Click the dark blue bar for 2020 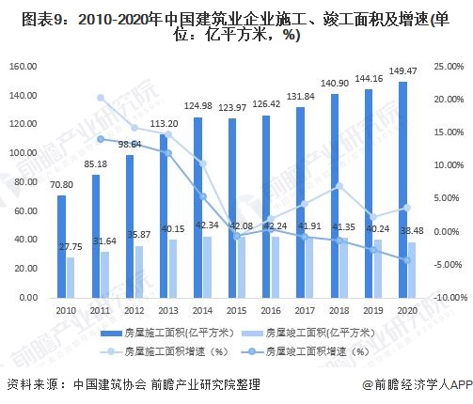click(402, 189)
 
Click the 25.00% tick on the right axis click(450, 67)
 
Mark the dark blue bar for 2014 click(197, 207)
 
